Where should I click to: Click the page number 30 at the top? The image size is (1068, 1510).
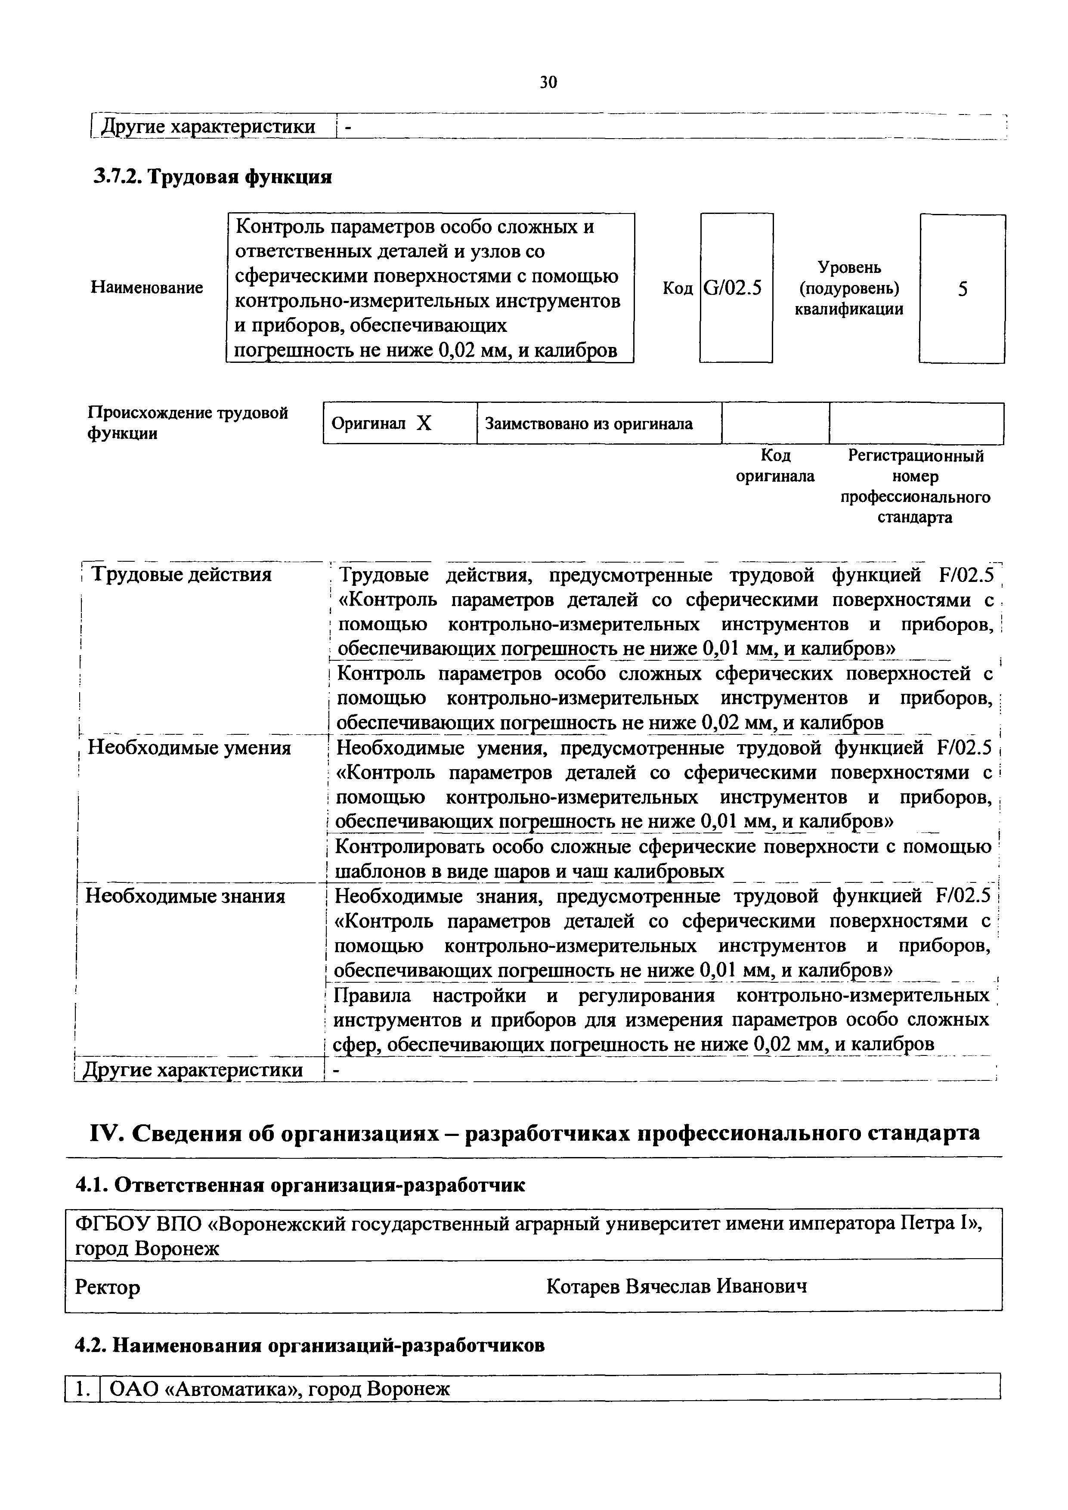(x=548, y=82)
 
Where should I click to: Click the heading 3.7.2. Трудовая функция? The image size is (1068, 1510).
(x=211, y=176)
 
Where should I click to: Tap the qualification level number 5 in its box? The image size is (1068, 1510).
(x=962, y=289)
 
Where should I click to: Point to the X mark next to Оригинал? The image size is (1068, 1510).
(x=424, y=424)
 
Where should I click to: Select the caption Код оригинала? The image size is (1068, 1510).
(x=775, y=466)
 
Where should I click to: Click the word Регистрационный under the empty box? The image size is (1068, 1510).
(x=916, y=456)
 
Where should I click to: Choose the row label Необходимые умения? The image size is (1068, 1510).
(x=189, y=749)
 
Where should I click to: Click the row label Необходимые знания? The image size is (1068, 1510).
(x=186, y=896)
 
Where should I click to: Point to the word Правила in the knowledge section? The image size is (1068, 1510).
(x=372, y=996)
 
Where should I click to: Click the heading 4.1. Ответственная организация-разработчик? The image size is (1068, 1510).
(x=300, y=1185)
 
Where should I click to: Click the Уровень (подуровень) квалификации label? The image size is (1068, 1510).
(x=849, y=288)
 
